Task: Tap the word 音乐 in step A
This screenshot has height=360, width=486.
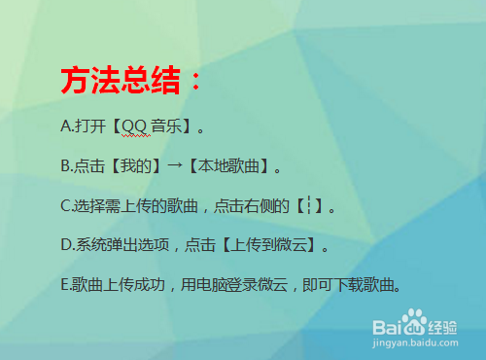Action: coord(165,126)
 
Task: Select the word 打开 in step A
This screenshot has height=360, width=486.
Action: coord(87,126)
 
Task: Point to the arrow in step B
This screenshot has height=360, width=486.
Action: coord(175,166)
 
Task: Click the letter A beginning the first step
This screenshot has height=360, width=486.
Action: coord(64,126)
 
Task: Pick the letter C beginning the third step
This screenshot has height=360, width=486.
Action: coord(64,206)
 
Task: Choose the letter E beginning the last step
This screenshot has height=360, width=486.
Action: coord(63,286)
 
